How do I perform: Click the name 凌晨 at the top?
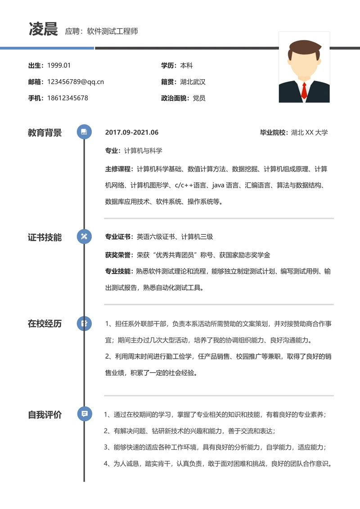(43, 29)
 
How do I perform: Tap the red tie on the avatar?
(304, 90)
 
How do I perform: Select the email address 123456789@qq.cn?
(76, 82)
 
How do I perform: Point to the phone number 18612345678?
(67, 98)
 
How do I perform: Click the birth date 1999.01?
(59, 65)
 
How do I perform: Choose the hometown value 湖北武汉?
(193, 82)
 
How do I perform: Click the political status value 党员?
(199, 98)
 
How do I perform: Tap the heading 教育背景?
(45, 132)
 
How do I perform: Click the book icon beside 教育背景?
(84, 132)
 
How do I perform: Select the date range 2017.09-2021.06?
(132, 132)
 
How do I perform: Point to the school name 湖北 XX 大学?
(309, 132)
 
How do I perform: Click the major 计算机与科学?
(143, 151)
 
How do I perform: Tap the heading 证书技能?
(45, 237)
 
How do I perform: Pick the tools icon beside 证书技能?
(84, 236)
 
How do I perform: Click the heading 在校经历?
(45, 324)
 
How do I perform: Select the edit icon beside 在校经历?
(84, 323)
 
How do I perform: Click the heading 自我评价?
(45, 415)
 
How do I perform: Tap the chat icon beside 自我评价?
(85, 414)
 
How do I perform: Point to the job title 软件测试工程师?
(112, 31)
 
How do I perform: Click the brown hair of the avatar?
(304, 49)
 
